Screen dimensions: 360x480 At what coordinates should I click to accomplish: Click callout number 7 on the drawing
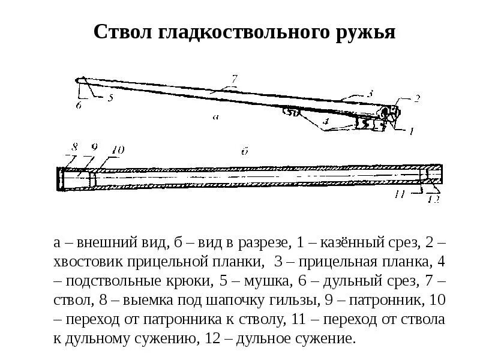click(x=235, y=79)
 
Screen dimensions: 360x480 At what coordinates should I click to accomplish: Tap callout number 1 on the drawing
click(x=411, y=130)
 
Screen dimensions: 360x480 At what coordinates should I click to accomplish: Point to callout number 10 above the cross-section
click(x=118, y=150)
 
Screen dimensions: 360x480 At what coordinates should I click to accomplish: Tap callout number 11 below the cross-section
click(x=401, y=194)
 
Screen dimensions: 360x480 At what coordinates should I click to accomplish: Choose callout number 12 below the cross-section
click(x=433, y=199)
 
